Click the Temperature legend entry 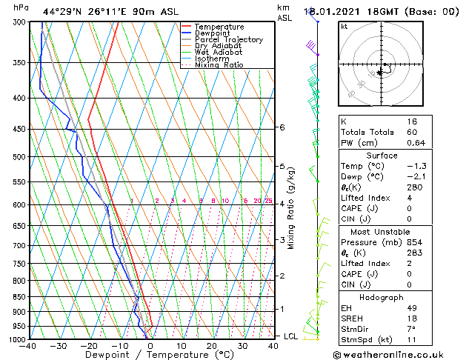click(219, 27)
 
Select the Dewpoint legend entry click(216, 33)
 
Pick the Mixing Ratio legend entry click(219, 65)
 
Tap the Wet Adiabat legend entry click(217, 53)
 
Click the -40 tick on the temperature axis click(29, 346)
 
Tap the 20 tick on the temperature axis click(212, 346)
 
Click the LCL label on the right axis click(291, 336)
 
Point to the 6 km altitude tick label click(282, 127)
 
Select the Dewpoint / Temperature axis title click(151, 355)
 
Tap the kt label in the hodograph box click(344, 26)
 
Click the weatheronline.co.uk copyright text click(399, 354)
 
